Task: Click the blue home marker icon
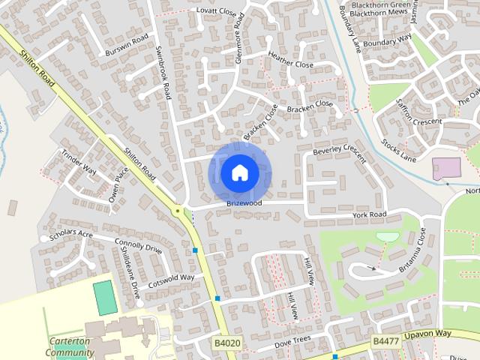[239, 172]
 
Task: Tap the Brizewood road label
[244, 203]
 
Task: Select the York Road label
[370, 215]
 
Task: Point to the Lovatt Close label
[216, 13]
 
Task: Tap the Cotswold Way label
[171, 280]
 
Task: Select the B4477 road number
[386, 340]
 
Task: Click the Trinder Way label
[79, 160]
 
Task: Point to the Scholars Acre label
[71, 235]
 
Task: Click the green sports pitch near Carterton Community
[105, 297]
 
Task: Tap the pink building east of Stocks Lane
[448, 169]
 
